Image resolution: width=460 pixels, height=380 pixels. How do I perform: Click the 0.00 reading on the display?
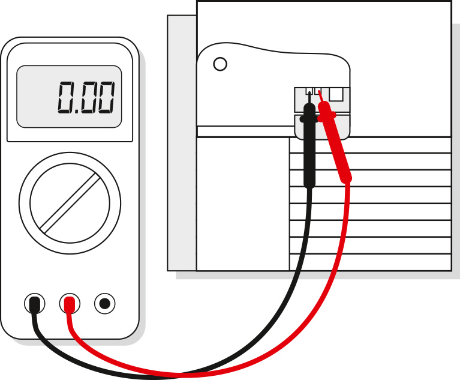pyautogui.click(x=86, y=98)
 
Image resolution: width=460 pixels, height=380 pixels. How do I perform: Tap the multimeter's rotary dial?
pyautogui.click(x=70, y=202)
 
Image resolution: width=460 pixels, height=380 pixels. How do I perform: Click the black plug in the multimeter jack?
pyautogui.click(x=35, y=304)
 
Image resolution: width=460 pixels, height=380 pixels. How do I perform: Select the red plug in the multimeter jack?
pyautogui.click(x=70, y=305)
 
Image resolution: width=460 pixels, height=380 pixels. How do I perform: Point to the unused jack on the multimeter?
pyautogui.click(x=105, y=304)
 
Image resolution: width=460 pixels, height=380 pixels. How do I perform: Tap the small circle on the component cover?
pyautogui.click(x=220, y=64)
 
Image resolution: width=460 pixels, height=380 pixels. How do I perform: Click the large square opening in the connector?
pyautogui.click(x=336, y=94)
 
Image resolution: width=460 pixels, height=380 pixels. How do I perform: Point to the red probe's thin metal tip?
pyautogui.click(x=320, y=95)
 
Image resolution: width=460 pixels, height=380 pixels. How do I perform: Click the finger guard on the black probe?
pyautogui.click(x=308, y=119)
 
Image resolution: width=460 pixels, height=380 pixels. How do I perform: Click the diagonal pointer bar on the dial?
pyautogui.click(x=70, y=202)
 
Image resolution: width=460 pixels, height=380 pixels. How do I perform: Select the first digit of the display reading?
pyautogui.click(x=65, y=98)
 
